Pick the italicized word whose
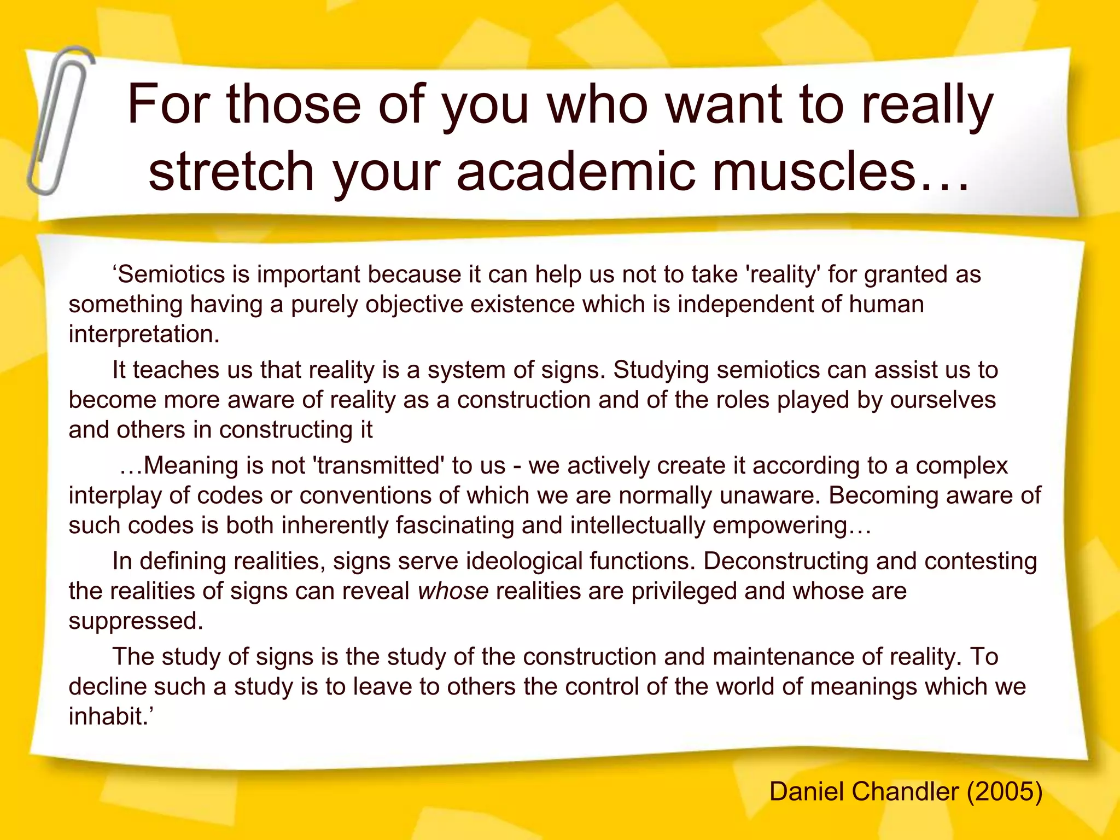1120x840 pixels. point(453,591)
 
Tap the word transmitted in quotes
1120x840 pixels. point(380,465)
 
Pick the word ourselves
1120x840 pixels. point(943,400)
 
